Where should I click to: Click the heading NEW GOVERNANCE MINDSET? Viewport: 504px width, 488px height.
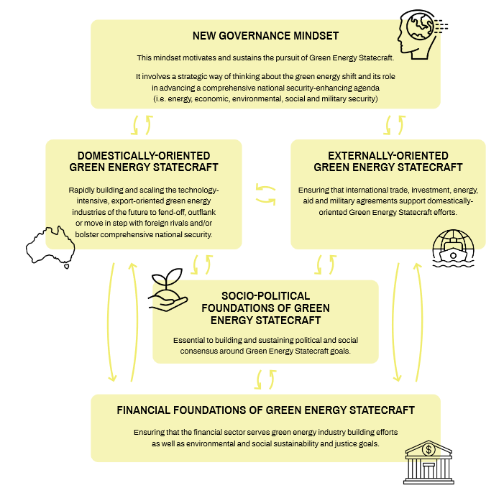[x=265, y=35]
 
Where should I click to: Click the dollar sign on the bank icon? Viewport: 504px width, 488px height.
[x=429, y=450]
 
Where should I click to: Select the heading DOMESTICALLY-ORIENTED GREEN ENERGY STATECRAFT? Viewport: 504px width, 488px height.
[x=144, y=162]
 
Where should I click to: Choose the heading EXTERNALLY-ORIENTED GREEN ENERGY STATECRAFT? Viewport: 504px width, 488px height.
[x=388, y=162]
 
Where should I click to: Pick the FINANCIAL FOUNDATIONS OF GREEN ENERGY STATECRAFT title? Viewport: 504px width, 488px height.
[x=265, y=410]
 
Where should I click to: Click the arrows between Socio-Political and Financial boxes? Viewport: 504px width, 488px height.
[x=265, y=378]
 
